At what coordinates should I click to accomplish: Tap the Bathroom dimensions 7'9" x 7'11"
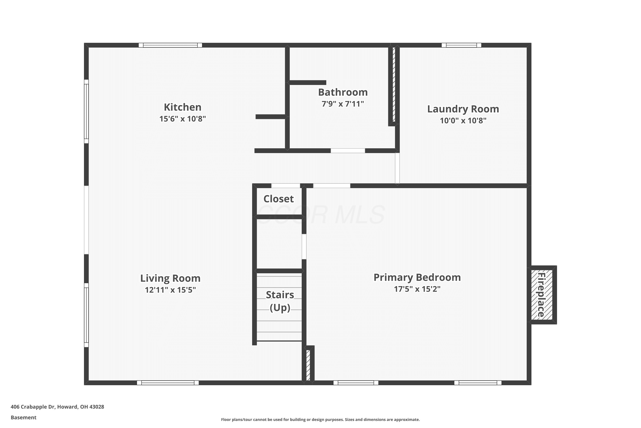pyautogui.click(x=343, y=104)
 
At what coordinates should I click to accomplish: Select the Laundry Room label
pyautogui.click(x=463, y=109)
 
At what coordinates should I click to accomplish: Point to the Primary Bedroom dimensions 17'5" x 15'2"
pyautogui.click(x=417, y=289)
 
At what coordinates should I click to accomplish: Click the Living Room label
pyautogui.click(x=170, y=278)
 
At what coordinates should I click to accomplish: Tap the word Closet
pyautogui.click(x=279, y=199)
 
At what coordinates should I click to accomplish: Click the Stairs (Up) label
pyautogui.click(x=280, y=301)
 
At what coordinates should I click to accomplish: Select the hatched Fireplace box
pyautogui.click(x=542, y=295)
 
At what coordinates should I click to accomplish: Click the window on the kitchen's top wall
pyautogui.click(x=170, y=45)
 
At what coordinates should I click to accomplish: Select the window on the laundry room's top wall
pyautogui.click(x=461, y=45)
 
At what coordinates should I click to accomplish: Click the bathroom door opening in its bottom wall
pyautogui.click(x=348, y=151)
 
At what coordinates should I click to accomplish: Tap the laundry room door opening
pyautogui.click(x=397, y=168)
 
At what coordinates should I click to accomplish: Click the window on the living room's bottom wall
pyautogui.click(x=168, y=383)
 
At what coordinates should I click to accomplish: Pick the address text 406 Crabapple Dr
pyautogui.click(x=33, y=407)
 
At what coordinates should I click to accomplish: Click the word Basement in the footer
pyautogui.click(x=24, y=417)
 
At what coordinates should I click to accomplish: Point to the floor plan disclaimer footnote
pyautogui.click(x=320, y=419)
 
